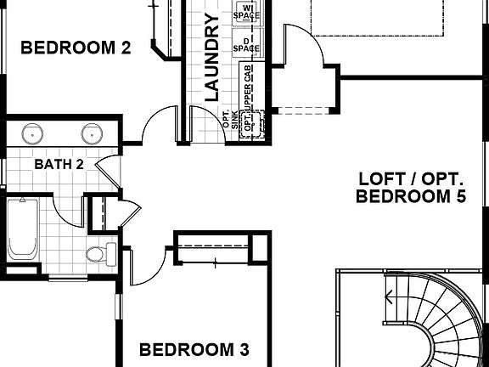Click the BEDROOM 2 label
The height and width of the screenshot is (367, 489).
coord(76,48)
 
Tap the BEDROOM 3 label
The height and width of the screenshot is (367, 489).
coord(194,349)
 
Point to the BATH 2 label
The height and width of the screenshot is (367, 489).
coord(59,163)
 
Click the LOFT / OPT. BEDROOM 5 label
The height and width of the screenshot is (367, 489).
coord(412,188)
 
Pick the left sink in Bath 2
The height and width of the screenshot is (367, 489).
coord(33,133)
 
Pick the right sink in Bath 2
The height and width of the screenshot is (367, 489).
coord(93,133)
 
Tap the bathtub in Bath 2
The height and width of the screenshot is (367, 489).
coord(23,229)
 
